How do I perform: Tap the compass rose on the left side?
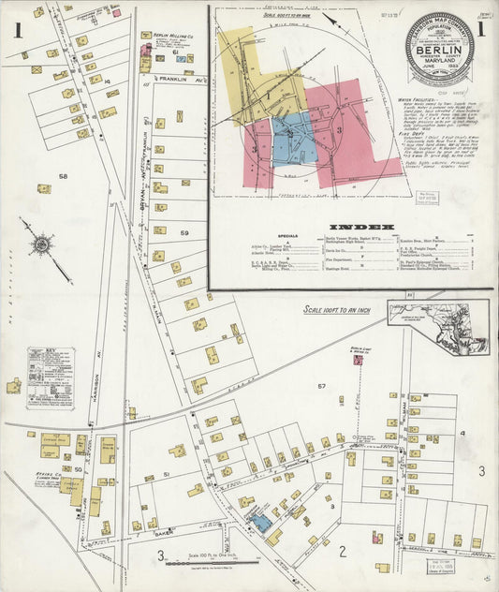click(x=41, y=245)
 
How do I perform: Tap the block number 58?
click(x=64, y=176)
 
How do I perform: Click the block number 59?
click(x=185, y=232)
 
